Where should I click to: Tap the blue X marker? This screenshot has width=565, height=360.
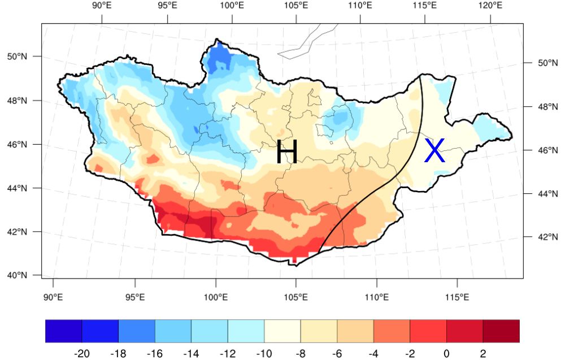(434, 151)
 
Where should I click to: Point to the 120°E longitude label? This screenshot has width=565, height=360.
(490, 6)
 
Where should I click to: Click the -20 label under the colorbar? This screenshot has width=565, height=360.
(82, 353)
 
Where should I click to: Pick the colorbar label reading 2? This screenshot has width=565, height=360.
(483, 353)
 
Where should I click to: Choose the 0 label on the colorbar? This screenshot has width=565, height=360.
(446, 353)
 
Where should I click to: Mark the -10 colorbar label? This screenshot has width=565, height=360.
(264, 353)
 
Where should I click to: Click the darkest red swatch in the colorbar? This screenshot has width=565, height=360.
(501, 331)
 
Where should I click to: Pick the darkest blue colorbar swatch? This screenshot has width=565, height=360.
(63, 331)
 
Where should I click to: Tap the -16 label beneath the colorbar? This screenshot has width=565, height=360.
(155, 353)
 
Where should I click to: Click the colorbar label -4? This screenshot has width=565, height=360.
(373, 353)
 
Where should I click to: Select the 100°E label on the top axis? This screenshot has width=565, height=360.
(232, 6)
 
